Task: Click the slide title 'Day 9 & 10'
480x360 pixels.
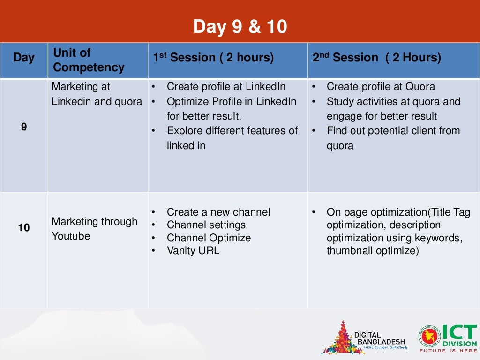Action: click(240, 27)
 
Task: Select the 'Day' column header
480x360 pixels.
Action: click(24, 58)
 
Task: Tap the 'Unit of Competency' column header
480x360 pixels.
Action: click(89, 60)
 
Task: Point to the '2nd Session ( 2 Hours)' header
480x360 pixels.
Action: click(377, 58)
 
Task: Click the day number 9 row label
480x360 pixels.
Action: click(24, 127)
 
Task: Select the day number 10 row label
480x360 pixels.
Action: click(24, 228)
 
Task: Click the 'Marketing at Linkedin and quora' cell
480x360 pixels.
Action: click(97, 94)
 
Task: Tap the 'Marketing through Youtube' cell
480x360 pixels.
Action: click(94, 229)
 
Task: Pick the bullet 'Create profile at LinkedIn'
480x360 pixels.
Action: click(226, 87)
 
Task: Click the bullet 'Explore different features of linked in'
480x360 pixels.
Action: click(232, 138)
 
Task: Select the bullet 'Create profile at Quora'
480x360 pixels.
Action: click(380, 87)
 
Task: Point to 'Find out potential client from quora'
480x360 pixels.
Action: click(393, 138)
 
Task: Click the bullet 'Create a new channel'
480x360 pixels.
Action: click(218, 212)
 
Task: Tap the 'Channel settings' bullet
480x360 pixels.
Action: click(206, 225)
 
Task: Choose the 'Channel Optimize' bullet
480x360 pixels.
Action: click(209, 238)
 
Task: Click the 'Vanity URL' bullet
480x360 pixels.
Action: click(193, 250)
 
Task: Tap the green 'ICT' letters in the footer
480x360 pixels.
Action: click(459, 334)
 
